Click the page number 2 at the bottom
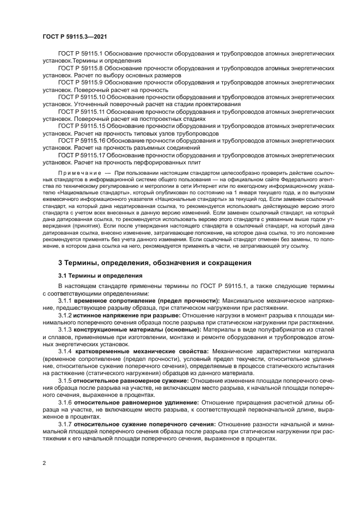point(44,463)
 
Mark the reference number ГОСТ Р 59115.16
point(81,140)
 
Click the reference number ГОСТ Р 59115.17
point(81,155)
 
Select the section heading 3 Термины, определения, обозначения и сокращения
point(147,263)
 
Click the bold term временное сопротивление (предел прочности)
point(147,301)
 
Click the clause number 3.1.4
point(65,352)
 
